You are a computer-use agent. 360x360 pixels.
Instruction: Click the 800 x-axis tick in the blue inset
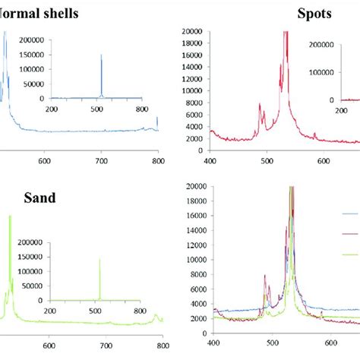pyautogui.click(x=141, y=109)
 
